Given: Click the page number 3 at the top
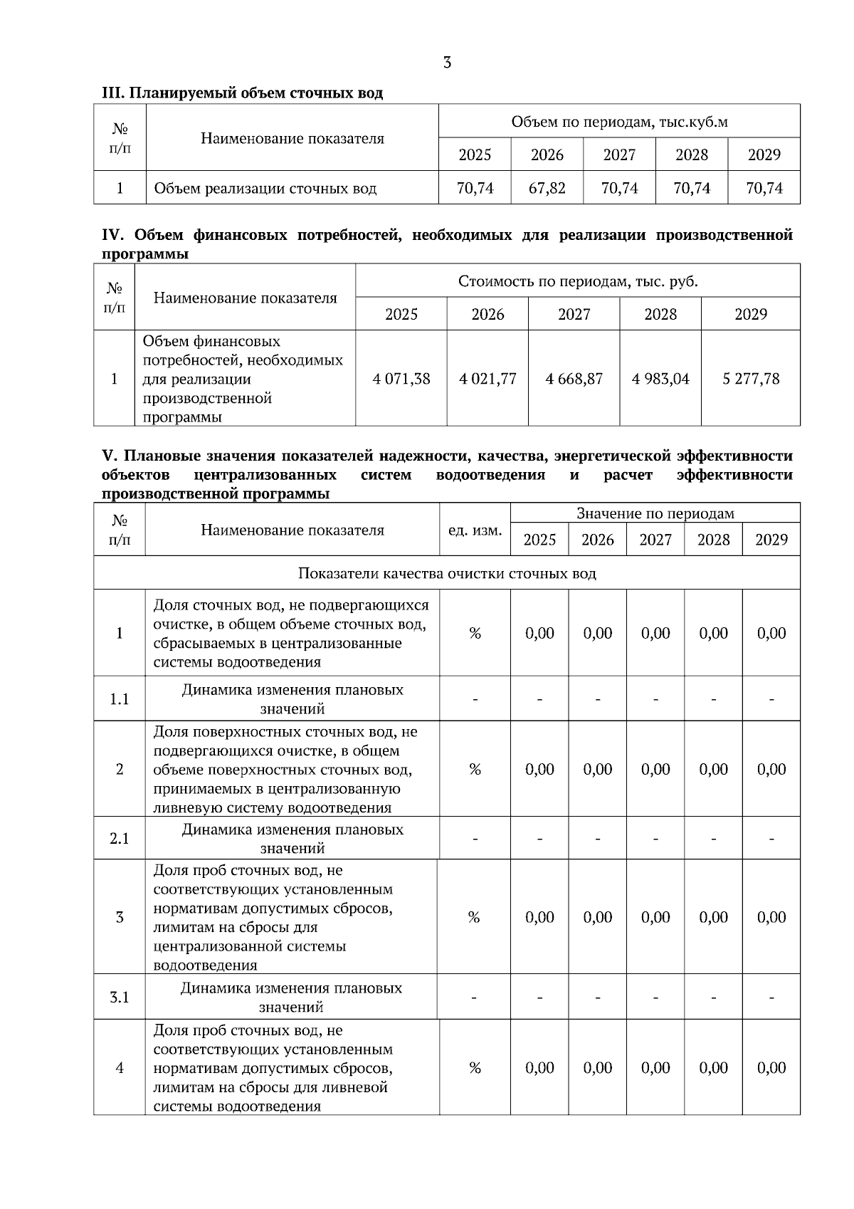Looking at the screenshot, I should [x=447, y=63].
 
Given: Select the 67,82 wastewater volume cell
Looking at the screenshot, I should [x=547, y=188].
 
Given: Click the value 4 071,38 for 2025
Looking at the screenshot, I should [x=401, y=379].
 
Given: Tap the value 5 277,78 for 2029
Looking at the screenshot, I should [x=751, y=379].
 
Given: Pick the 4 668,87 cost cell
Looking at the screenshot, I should [x=574, y=379].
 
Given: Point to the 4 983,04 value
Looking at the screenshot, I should [x=660, y=379].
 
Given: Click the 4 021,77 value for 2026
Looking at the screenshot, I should [x=487, y=379].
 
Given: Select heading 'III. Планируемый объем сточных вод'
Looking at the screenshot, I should [x=242, y=93].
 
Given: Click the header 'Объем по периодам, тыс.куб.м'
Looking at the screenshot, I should [x=619, y=122].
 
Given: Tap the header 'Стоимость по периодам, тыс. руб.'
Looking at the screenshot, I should [x=578, y=281].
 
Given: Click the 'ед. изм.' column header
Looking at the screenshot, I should [x=475, y=530].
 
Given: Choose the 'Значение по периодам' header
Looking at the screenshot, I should [x=655, y=513].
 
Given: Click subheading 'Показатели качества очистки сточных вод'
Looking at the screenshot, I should [x=447, y=573].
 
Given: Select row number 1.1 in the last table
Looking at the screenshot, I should [x=120, y=699].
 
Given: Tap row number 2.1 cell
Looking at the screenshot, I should [x=120, y=839].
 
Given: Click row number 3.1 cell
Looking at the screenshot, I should [x=120, y=998].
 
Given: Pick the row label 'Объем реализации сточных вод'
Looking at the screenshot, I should [x=265, y=189].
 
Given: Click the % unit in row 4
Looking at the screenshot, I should [x=475, y=1068].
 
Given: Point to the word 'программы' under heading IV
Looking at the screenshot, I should [x=145, y=254].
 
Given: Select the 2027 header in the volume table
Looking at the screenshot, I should [x=619, y=155].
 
